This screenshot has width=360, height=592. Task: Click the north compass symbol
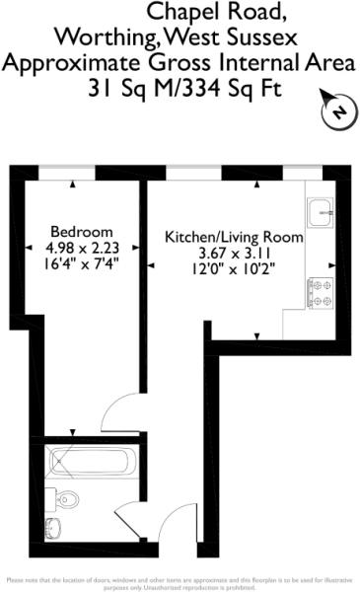point(338,111)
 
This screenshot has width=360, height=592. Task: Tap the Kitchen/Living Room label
point(234,238)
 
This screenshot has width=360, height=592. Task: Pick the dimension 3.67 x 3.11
point(234,253)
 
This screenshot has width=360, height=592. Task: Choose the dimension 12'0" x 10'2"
point(234,268)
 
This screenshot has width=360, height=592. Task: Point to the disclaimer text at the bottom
point(180,583)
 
